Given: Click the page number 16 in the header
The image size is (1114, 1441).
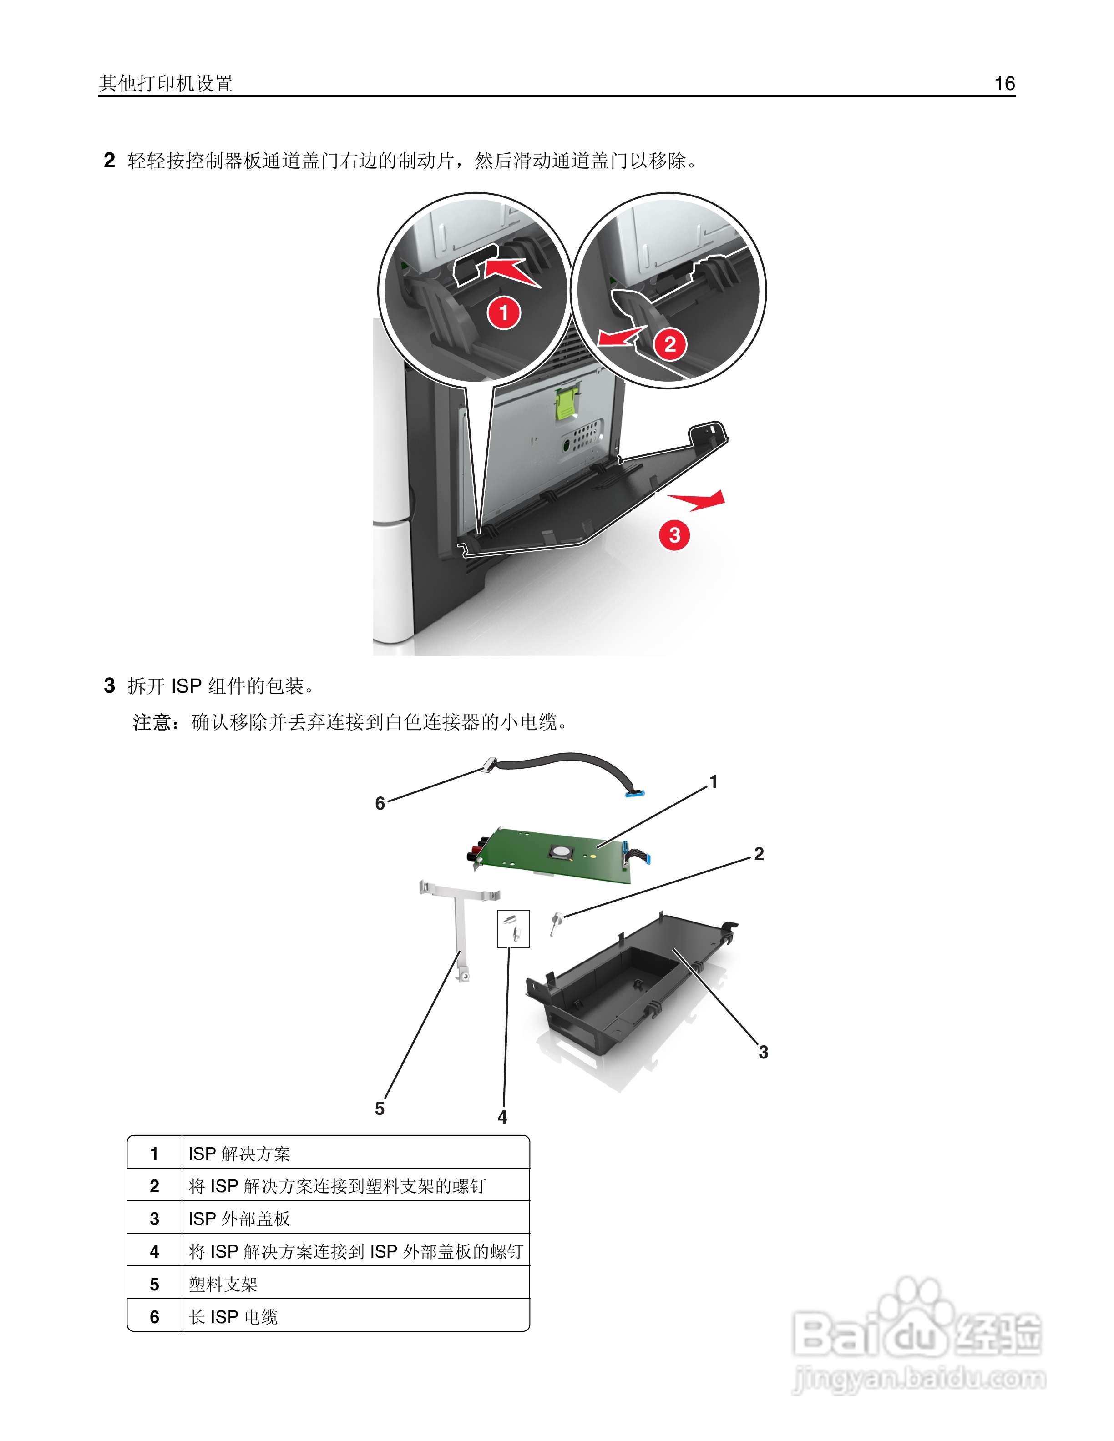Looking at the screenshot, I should (1004, 83).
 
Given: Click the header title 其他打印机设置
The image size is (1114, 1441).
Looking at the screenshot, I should (166, 83).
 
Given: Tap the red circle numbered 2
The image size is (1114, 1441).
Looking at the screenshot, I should (670, 344).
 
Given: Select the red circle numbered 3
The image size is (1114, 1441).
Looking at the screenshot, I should (674, 534).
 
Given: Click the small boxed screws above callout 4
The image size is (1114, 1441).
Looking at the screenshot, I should (513, 928).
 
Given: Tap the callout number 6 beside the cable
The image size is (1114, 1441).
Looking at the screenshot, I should (380, 803).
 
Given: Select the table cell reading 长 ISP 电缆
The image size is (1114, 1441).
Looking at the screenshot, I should (233, 1317).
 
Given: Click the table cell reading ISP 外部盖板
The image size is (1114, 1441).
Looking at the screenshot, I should (239, 1219).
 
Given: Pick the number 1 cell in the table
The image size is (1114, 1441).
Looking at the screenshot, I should (154, 1154).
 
